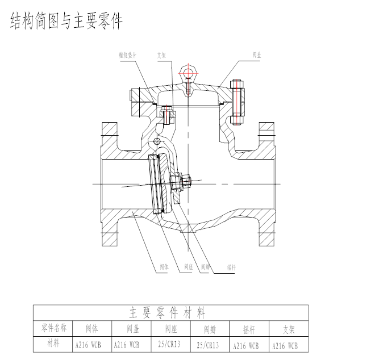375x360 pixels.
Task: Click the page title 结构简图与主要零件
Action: pos(66,21)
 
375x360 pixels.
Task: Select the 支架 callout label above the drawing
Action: pos(162,55)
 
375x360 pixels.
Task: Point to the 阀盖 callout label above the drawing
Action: pos(257,55)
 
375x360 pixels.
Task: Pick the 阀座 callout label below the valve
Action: pos(189,266)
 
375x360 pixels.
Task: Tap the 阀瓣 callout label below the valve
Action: pos(205,266)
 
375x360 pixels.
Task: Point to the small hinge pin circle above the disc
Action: pos(157,139)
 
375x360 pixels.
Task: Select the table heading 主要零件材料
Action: pos(167,313)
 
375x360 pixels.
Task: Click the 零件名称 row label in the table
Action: pos(55,328)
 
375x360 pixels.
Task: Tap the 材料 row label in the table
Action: pos(55,343)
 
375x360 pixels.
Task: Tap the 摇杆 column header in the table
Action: pos(249,329)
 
